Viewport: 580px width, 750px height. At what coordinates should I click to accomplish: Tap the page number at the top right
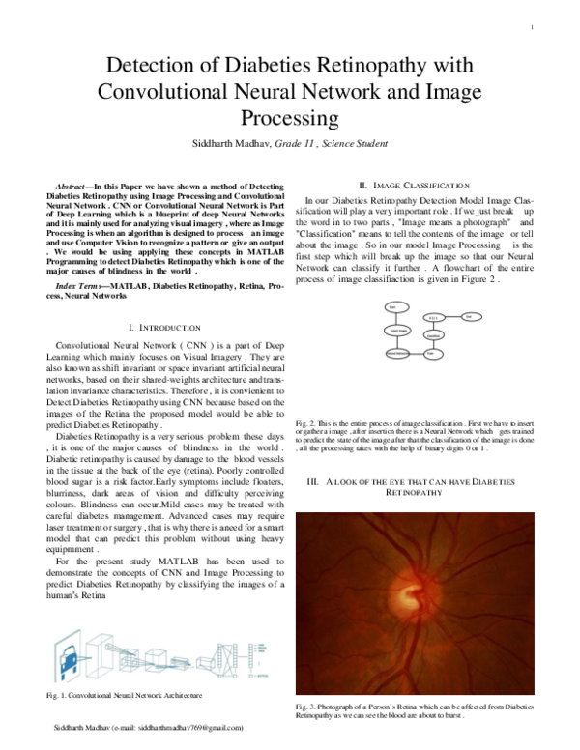(533, 26)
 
